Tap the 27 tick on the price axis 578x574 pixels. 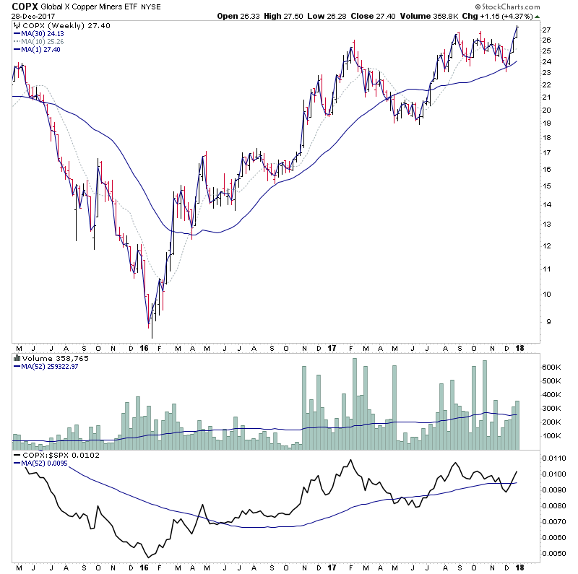(547, 30)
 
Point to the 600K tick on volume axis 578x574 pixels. (553, 368)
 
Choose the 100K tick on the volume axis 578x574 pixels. (553, 436)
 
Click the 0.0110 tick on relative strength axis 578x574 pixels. (555, 458)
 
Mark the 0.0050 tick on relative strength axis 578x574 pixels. (555, 554)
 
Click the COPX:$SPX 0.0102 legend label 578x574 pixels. (51, 456)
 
